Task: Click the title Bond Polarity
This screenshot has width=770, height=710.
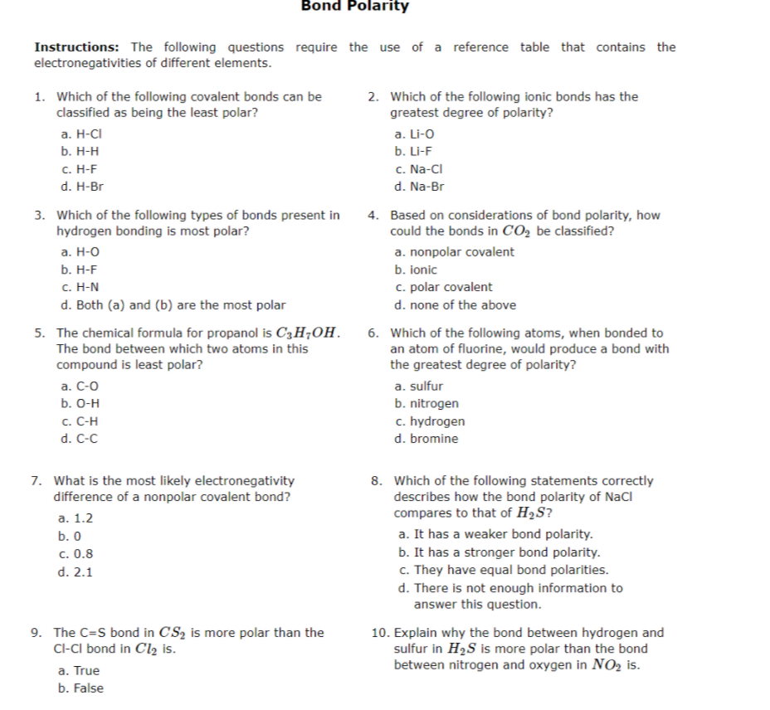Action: (x=354, y=7)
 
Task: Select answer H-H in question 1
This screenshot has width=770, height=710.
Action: (x=81, y=152)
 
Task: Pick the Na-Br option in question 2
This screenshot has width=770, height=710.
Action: (x=420, y=187)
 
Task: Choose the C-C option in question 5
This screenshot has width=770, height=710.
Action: (x=80, y=439)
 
